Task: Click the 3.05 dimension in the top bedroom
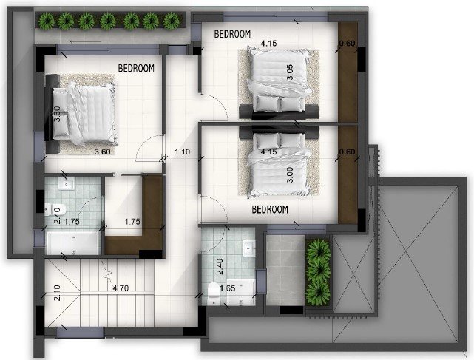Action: click(x=290, y=72)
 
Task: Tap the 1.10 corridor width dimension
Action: click(x=182, y=152)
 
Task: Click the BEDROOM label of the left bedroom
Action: click(x=136, y=68)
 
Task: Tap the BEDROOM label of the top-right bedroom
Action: click(x=232, y=33)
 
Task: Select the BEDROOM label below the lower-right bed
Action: click(x=269, y=209)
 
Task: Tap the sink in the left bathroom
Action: click(x=67, y=183)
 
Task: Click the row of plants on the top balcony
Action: click(x=109, y=21)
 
